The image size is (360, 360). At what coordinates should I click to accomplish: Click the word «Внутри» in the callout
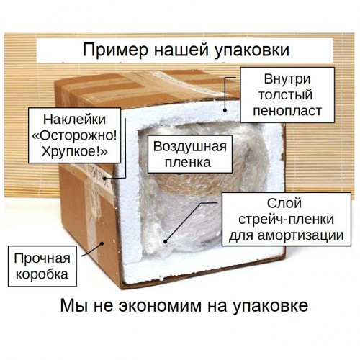pos(287,79)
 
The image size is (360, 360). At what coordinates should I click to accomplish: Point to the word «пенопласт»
pos(287,111)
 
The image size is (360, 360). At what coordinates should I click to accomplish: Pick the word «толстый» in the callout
pos(285,95)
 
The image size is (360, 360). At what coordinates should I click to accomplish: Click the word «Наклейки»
pos(74,120)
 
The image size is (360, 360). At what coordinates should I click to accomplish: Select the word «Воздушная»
pos(190,147)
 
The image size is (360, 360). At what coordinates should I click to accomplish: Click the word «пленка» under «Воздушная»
pos(188,163)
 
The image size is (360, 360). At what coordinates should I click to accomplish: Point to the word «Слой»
pos(284,203)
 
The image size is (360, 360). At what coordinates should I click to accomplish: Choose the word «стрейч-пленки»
pos(287,220)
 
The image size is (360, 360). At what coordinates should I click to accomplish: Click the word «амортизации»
pos(301,235)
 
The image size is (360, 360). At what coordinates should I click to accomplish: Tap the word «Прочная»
pos(42,258)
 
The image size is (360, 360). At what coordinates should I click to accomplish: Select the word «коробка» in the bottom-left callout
pos(42,274)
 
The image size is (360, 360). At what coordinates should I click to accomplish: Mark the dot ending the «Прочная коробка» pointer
pos(102,243)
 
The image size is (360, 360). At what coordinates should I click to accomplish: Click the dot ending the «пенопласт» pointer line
pos(225,110)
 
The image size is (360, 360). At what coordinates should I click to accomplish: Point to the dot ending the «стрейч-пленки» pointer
pos(165,242)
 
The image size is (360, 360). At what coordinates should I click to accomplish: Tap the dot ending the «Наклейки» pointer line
pos(105,179)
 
